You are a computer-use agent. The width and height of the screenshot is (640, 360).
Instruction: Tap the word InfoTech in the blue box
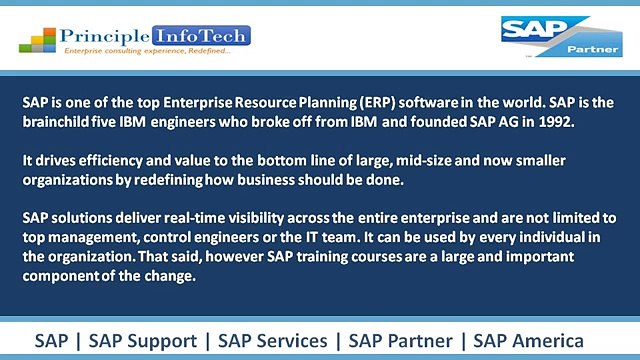212,36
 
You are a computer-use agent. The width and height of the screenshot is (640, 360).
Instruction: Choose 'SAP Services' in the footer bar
273,339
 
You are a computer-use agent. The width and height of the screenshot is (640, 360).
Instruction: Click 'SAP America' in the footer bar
540,339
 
